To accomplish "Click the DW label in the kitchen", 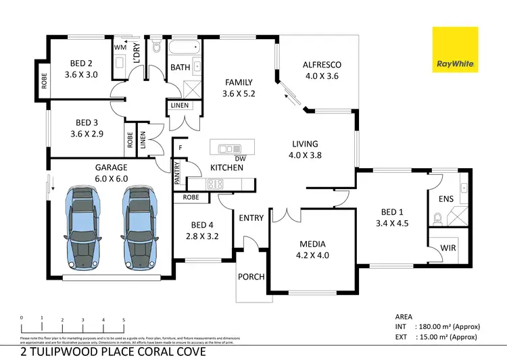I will [x=239, y=159].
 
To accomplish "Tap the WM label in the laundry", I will [x=120, y=47].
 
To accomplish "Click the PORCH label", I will [x=251, y=277].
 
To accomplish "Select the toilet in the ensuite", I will [x=437, y=217].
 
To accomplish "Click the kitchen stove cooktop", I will [x=216, y=183].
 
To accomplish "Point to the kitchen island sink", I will [x=230, y=148].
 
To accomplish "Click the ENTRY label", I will [x=251, y=217].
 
